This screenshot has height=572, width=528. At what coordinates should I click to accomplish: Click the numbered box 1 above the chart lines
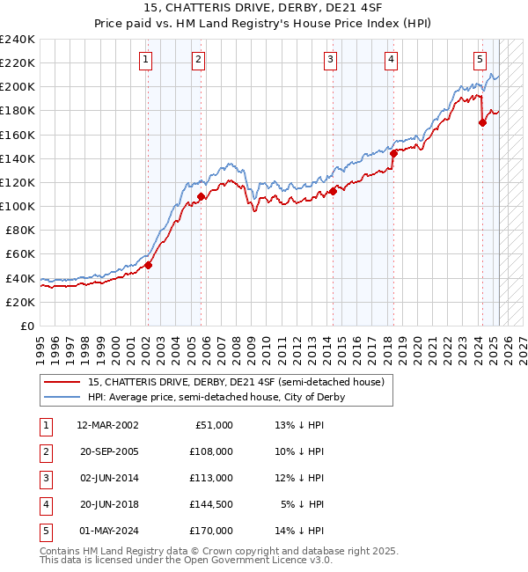click(144, 60)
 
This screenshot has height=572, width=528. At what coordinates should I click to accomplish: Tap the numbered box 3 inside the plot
click(330, 60)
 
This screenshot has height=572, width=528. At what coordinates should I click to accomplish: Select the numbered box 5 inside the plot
click(480, 60)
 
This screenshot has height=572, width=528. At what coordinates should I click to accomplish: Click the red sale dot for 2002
click(148, 265)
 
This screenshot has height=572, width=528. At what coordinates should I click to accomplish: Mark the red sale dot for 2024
click(482, 123)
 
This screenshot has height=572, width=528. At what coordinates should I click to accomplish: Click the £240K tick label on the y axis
click(18, 40)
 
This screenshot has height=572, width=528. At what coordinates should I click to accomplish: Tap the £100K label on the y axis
click(18, 206)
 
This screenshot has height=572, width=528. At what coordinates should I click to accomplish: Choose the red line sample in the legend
click(62, 383)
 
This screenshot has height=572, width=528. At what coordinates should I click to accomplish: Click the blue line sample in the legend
click(62, 397)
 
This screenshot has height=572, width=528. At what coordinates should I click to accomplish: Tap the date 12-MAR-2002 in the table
click(107, 425)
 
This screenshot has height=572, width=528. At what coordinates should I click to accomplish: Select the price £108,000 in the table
click(212, 451)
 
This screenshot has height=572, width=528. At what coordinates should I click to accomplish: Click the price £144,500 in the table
click(212, 504)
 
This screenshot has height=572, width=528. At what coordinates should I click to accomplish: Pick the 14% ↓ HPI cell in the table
click(300, 531)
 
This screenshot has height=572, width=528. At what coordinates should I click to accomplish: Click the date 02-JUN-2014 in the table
click(107, 478)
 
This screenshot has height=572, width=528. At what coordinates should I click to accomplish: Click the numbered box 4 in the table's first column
click(45, 504)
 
